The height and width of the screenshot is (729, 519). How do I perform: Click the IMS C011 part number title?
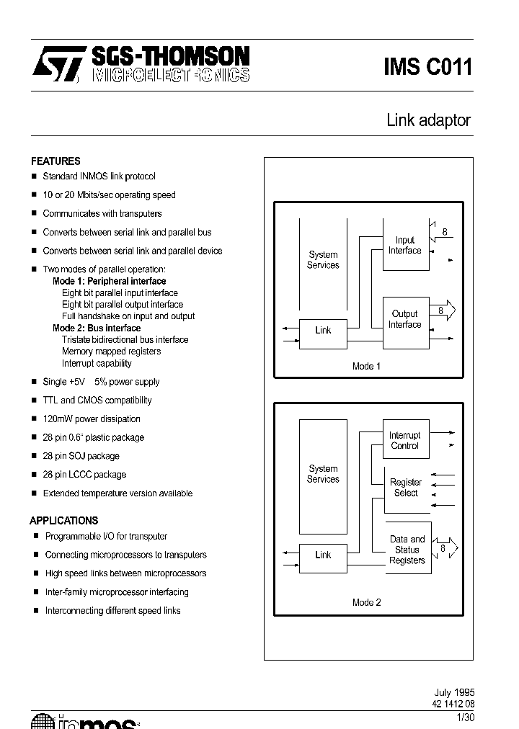427,67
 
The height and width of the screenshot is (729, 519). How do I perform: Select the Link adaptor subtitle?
428,120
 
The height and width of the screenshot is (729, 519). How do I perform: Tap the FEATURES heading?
56,161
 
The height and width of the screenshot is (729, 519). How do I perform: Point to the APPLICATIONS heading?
63,520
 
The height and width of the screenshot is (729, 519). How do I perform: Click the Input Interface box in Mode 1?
405,246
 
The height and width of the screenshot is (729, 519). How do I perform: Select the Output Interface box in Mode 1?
405,319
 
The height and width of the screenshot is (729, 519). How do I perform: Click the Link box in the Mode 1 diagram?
323,331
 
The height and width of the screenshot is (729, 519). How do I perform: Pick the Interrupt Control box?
405,440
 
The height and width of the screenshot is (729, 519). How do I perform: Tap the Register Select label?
406,488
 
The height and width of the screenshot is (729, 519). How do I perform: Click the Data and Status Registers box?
407,550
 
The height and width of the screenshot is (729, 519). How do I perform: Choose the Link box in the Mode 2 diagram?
323,555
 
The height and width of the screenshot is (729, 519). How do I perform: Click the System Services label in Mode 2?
323,474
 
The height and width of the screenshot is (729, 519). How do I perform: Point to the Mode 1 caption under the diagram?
366,366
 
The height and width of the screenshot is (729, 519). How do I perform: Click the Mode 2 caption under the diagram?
366,602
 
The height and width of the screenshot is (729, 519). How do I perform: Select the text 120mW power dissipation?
92,419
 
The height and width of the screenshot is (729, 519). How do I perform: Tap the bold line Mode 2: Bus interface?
97,328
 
